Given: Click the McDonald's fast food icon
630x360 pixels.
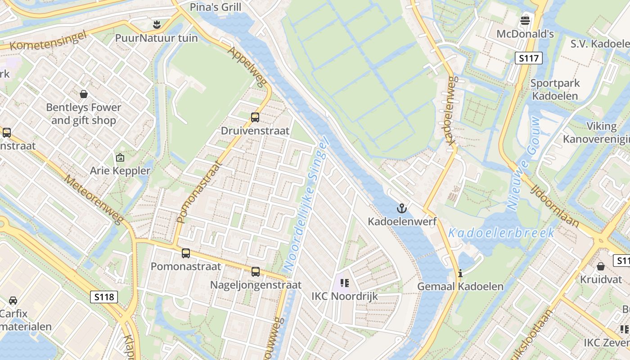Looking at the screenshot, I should (525, 20).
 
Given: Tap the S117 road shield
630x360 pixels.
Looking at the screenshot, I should (529, 58).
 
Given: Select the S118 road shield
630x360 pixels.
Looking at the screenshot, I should (104, 297).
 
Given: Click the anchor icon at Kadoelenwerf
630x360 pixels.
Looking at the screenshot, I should (401, 208).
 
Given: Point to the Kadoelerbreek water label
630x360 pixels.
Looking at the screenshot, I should (501, 233).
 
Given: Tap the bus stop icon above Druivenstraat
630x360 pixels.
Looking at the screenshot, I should (255, 117).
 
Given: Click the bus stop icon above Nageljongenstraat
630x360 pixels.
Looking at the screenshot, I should (256, 272).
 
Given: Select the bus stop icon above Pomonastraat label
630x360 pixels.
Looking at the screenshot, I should (186, 253).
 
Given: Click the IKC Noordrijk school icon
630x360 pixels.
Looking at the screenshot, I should (345, 283).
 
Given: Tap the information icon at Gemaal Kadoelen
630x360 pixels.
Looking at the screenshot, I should (460, 273).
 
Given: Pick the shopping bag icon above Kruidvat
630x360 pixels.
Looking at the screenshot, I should (601, 266).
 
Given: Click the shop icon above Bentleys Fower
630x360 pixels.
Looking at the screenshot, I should (84, 94).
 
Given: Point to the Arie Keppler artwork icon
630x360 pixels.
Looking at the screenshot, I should (120, 157).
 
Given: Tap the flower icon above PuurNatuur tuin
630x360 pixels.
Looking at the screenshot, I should (157, 24).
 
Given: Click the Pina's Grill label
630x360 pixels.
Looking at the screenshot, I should (216, 7).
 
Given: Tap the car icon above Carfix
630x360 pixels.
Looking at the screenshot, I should (13, 300).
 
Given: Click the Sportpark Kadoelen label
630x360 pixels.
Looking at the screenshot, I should (555, 90).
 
